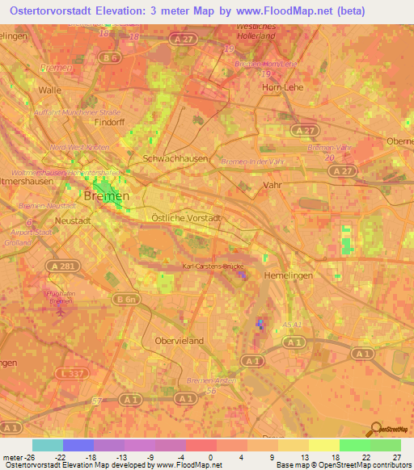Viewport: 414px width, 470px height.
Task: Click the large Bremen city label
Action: (x=105, y=196)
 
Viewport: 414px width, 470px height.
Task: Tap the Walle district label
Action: (x=50, y=91)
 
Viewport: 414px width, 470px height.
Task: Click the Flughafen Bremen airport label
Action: (x=55, y=298)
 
